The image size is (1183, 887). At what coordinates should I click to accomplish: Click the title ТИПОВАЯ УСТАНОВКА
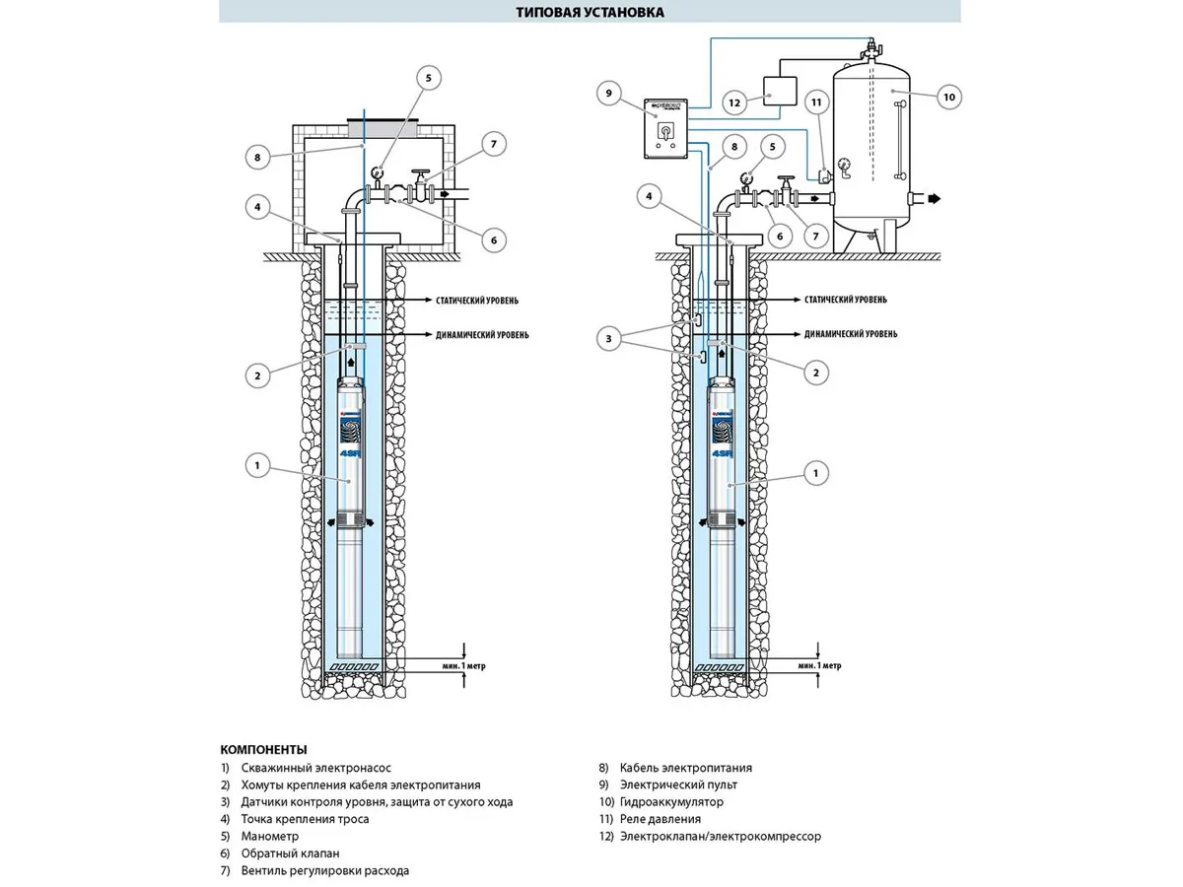click(590, 13)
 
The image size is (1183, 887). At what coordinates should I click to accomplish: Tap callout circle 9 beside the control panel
click(609, 94)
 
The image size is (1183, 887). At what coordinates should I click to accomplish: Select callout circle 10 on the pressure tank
click(948, 96)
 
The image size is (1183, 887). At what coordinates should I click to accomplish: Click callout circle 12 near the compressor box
click(733, 102)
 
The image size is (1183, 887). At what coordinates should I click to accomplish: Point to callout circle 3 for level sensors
click(609, 338)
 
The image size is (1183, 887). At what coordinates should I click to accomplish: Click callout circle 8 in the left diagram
click(256, 156)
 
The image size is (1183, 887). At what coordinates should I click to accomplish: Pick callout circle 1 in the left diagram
click(257, 465)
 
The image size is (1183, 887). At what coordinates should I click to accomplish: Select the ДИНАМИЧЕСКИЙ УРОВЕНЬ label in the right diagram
click(851, 334)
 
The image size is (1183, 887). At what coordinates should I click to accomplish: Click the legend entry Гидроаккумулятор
click(671, 802)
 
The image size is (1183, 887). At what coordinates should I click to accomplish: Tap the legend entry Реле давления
click(661, 819)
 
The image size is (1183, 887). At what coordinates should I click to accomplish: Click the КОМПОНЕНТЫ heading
click(263, 749)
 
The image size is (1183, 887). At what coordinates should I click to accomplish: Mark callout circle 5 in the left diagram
click(428, 79)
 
